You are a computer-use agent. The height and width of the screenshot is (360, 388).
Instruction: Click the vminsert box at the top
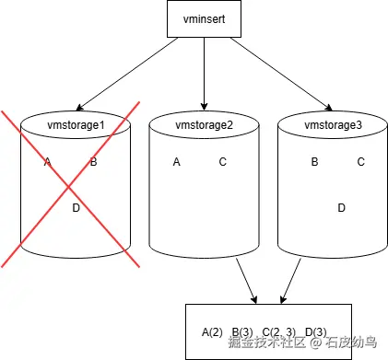[203, 19]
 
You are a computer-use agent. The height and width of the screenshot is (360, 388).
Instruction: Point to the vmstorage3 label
[331, 123]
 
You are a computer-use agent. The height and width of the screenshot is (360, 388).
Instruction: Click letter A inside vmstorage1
[47, 163]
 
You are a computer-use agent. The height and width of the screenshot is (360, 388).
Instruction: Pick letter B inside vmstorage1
[93, 163]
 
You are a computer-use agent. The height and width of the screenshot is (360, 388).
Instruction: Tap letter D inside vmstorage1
[76, 208]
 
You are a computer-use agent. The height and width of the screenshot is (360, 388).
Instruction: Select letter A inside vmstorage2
[176, 163]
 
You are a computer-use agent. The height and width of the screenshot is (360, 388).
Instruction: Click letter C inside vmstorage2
[222, 163]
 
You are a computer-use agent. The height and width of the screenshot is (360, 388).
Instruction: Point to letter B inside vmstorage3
[314, 162]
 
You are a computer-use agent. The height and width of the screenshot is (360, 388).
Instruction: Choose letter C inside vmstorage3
[360, 162]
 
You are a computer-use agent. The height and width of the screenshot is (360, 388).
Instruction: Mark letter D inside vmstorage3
[341, 208]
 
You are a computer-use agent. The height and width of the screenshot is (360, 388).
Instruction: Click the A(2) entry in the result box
[213, 331]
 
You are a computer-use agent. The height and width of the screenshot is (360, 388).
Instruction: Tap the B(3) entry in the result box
[242, 331]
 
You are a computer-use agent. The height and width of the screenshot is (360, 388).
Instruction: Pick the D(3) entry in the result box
[315, 331]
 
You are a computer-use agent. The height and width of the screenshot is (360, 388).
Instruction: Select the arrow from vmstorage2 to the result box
[245, 281]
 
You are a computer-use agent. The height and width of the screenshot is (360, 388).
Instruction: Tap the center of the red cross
[70, 185]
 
